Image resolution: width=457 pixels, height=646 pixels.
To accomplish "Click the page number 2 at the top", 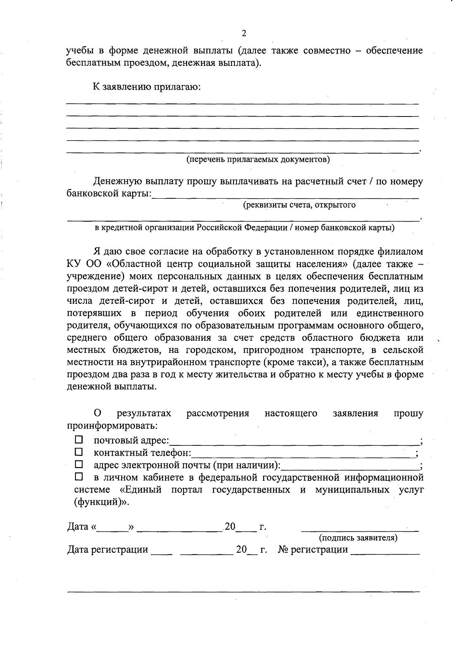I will coord(244,33).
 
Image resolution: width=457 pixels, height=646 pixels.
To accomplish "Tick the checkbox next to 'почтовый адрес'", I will coord(78,440).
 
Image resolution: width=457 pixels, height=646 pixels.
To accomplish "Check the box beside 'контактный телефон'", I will coord(78,452).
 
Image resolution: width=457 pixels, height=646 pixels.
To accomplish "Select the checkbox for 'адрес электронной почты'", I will coord(78,464).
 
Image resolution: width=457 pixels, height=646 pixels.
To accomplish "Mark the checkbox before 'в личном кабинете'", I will coord(78,476).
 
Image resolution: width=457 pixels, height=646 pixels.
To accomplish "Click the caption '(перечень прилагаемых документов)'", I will coord(258,159).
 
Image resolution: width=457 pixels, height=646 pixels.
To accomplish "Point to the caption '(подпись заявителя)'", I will coord(358,538).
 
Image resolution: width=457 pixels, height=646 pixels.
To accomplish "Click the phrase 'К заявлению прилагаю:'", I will coord(147,87).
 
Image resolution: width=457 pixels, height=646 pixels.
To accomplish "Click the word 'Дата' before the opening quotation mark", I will coord(78,527).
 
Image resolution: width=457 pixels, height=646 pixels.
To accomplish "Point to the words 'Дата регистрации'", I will coord(107,549).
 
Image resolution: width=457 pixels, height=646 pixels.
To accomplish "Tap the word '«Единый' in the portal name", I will coord(137,490).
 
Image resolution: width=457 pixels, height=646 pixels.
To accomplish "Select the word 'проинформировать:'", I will coord(112,425).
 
